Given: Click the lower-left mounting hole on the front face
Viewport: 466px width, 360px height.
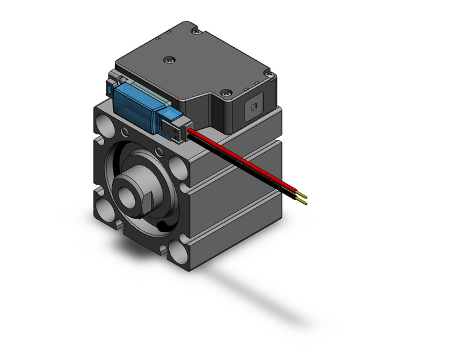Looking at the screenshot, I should [104, 209].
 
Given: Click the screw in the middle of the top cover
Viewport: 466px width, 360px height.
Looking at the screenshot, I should [169, 59].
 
